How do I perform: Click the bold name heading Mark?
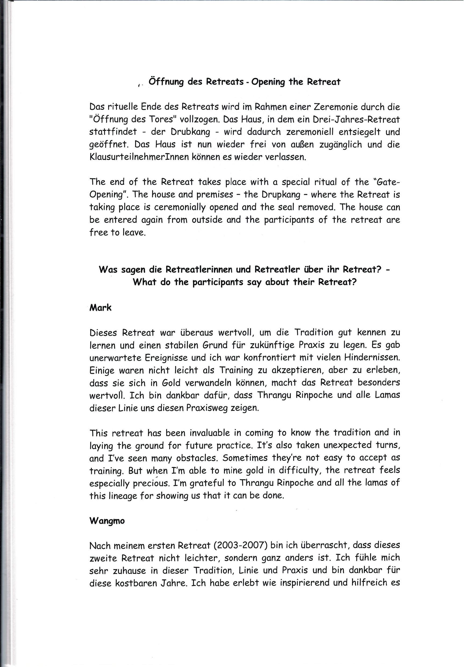pyautogui.click(x=100, y=308)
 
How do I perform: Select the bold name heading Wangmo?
pyautogui.click(x=107, y=521)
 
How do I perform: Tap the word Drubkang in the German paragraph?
pyautogui.click(x=190, y=132)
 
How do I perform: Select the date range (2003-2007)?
pyautogui.click(x=240, y=546)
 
